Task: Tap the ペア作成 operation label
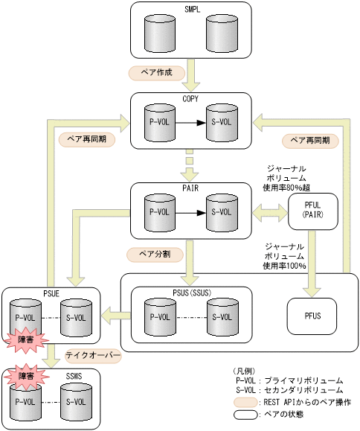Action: (151, 73)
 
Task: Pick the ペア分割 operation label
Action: (150, 254)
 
